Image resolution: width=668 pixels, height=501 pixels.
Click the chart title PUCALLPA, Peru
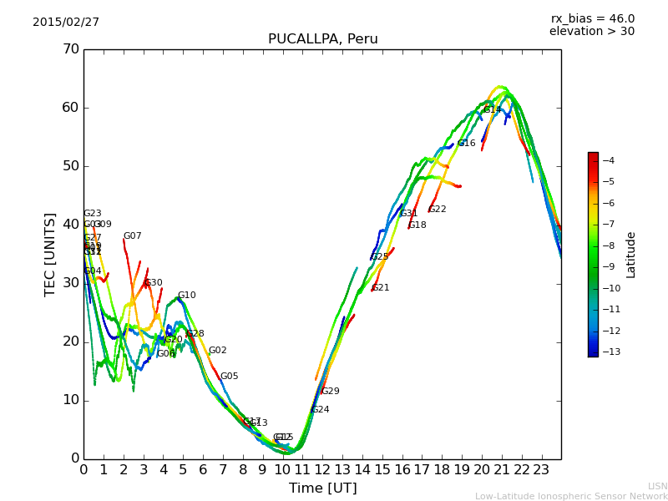322,39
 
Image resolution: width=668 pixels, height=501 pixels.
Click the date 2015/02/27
66,23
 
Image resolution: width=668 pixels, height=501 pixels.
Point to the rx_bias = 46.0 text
592,19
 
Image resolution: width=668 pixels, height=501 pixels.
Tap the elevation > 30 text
591,32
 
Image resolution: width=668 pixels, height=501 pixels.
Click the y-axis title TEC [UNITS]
50,254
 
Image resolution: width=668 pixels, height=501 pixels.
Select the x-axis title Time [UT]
322,488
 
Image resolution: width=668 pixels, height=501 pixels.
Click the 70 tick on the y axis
70,49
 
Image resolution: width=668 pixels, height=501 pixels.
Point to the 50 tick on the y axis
70,166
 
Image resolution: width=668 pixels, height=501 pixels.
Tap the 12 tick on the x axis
322,470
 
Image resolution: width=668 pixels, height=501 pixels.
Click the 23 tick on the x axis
541,470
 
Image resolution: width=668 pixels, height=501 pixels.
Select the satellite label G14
493,110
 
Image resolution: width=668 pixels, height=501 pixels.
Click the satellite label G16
467,144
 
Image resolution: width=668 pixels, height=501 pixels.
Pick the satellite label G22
438,210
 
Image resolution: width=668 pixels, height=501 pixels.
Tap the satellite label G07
133,236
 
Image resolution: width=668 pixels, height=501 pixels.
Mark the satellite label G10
187,296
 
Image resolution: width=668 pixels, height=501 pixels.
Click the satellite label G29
331,392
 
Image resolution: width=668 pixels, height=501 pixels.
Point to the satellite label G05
230,377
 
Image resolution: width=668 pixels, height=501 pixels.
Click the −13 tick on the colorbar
608,352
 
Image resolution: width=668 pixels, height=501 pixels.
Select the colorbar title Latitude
631,255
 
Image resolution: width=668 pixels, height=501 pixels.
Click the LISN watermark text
657,486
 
